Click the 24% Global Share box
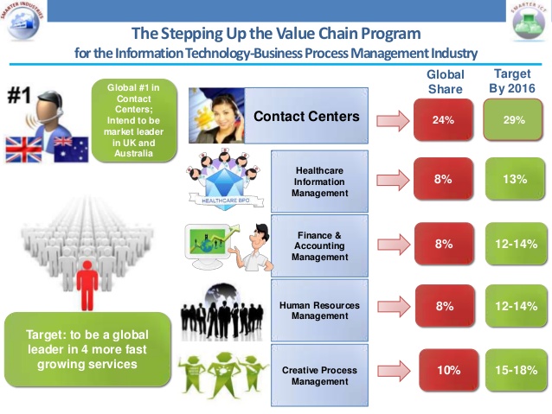point(444,120)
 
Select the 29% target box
point(515,120)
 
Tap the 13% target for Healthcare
point(516,179)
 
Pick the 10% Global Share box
point(447,371)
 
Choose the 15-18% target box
point(516,371)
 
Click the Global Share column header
point(446,81)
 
